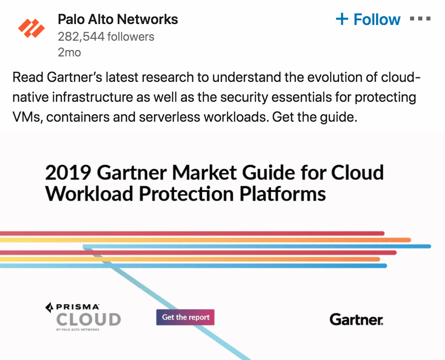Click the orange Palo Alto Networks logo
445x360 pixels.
31,28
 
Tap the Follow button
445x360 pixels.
368,19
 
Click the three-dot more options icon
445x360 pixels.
420,19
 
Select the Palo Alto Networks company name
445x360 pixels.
118,19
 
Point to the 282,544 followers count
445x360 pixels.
106,37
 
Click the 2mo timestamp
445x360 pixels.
69,53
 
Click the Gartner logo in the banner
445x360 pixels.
357,319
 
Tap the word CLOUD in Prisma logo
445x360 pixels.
89,320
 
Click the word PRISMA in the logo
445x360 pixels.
78,307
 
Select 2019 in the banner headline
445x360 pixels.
68,173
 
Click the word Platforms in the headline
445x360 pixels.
283,194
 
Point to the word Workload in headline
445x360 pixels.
89,194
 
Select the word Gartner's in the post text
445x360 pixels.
74,77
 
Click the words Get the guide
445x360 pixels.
315,117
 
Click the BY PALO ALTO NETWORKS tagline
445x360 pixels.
78,329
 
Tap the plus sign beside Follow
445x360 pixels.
342,19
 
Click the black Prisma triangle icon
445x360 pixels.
49,307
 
